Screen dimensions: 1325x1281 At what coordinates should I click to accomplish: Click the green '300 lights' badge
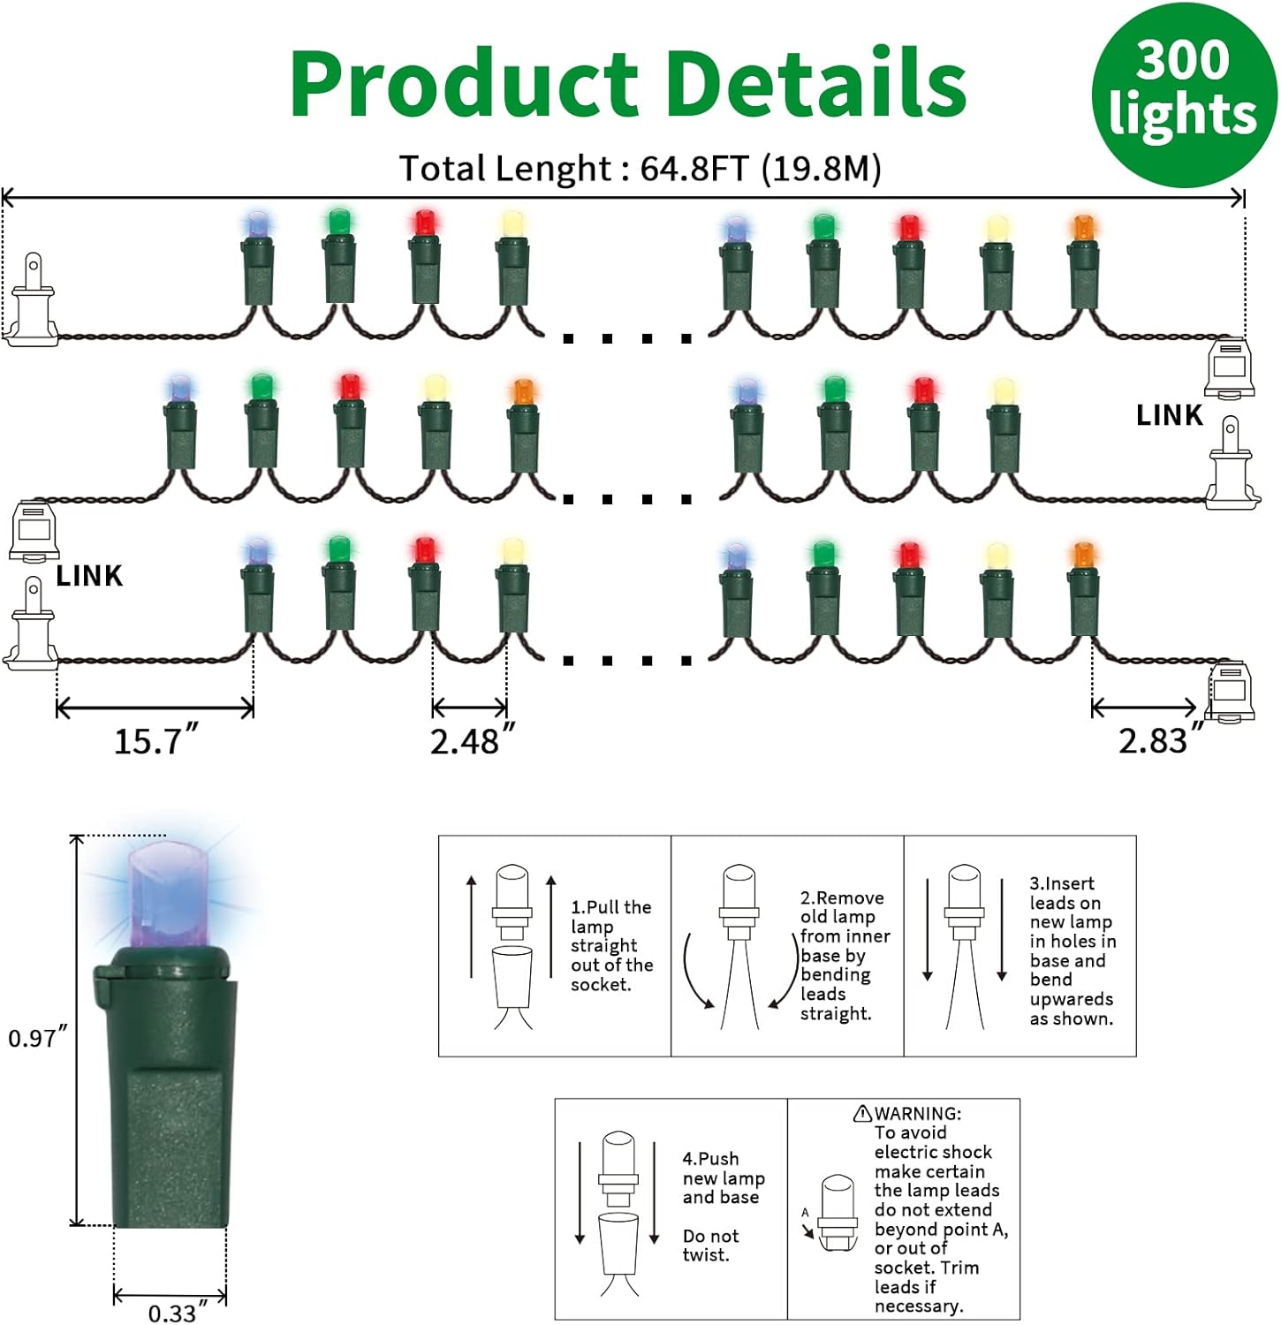tap(1183, 93)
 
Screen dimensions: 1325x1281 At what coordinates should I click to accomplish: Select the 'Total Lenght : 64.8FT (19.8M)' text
tap(640, 168)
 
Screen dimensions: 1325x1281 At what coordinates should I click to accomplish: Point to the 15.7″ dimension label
tap(155, 740)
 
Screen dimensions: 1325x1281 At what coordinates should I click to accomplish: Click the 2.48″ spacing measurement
tap(471, 740)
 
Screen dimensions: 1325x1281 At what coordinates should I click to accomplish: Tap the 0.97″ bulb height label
tap(36, 1037)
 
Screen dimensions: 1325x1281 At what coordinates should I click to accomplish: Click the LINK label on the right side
tap(1169, 415)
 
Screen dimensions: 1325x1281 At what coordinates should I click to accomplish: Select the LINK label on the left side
tap(89, 576)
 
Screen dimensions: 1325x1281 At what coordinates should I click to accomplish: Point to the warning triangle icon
tap(862, 1114)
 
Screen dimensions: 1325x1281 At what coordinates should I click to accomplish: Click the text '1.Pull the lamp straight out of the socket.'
tap(610, 945)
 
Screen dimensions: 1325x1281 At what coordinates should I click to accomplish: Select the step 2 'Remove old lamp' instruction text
tap(844, 955)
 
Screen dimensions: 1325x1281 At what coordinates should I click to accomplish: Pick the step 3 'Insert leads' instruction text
tap(1072, 950)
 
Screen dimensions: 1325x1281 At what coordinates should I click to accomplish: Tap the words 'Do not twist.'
tap(710, 1245)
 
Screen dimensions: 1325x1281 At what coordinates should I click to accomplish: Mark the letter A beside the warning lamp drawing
tap(805, 1213)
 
